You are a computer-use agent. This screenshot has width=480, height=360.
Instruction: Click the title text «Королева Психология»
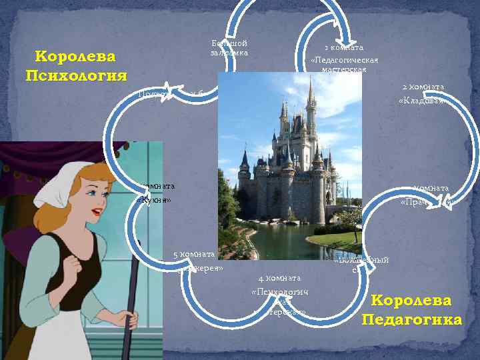[75, 65]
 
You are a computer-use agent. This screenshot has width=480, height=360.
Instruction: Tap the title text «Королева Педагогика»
[411, 310]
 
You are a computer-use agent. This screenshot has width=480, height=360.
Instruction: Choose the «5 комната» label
[193, 253]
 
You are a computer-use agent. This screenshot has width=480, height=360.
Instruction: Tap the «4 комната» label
[280, 277]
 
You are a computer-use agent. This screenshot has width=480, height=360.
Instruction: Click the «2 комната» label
[423, 87]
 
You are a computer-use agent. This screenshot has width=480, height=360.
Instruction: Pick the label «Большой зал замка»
[229, 47]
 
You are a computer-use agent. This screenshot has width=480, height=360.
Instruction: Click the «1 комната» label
[343, 48]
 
